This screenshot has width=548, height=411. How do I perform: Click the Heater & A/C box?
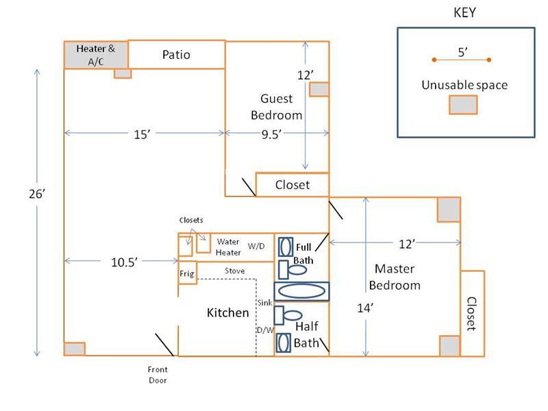[x=96, y=54]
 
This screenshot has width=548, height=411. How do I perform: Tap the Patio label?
[x=176, y=54]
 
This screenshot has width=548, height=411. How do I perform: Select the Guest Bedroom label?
[x=276, y=107]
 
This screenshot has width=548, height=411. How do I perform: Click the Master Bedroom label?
[x=393, y=276]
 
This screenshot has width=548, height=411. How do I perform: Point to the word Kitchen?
[x=228, y=313]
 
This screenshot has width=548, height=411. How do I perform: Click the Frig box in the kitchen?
[x=187, y=273]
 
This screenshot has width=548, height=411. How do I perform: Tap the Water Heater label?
[x=227, y=247]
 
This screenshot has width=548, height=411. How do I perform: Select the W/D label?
[x=256, y=246]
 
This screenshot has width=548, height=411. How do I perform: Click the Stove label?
[x=235, y=271]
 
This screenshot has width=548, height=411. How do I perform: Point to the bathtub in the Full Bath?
[x=301, y=290]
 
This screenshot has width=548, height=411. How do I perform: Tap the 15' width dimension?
[x=142, y=135]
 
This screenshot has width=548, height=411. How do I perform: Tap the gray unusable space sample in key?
[x=462, y=104]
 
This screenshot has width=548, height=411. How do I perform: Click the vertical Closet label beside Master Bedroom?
[x=471, y=314]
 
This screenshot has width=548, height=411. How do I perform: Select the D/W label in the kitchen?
[x=264, y=330]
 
